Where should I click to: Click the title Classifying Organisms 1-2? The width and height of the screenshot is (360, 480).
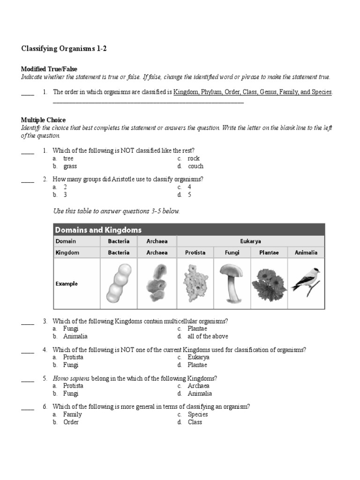click(64, 48)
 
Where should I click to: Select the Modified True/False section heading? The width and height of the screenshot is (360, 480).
click(49, 69)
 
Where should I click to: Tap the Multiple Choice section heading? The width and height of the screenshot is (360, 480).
click(44, 120)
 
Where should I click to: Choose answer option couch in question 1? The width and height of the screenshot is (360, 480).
click(195, 166)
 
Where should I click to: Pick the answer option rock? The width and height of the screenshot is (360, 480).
click(194, 158)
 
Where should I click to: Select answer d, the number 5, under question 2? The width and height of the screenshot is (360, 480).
click(189, 195)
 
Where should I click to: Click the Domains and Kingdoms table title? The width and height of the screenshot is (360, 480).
click(98, 230)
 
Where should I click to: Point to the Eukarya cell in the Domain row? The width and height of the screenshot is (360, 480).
click(251, 241)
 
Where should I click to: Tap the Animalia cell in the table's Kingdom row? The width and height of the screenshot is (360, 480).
click(306, 252)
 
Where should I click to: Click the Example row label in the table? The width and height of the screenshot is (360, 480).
click(67, 284)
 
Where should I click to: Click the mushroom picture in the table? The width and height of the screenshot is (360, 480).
click(232, 283)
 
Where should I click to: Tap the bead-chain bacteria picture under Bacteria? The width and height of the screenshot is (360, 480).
click(119, 283)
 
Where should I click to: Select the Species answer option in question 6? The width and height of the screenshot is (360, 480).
click(198, 414)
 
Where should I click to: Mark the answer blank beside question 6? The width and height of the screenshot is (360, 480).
click(28, 409)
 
